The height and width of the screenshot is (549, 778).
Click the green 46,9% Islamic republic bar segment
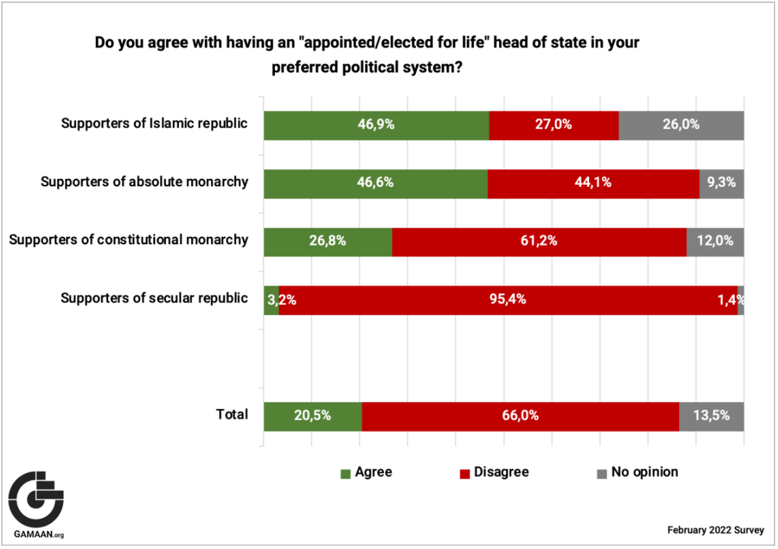[x=376, y=125]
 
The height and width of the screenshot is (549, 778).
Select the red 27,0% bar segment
[x=553, y=125]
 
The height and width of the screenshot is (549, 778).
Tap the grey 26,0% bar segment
[x=681, y=125]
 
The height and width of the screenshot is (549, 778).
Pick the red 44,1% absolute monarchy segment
[x=593, y=183]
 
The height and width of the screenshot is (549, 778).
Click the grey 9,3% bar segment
[x=721, y=183]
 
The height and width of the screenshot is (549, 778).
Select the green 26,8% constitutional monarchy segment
[x=328, y=241]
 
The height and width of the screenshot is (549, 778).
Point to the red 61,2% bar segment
[x=539, y=241]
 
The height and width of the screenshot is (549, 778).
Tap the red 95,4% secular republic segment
[x=508, y=300]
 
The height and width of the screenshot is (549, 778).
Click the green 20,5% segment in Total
[x=312, y=416]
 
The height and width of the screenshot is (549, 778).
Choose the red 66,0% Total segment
[x=520, y=416]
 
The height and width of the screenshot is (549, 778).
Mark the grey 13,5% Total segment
[x=711, y=416]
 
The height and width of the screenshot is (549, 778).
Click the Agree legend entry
[x=367, y=472]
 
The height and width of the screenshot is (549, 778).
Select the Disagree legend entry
[x=494, y=472]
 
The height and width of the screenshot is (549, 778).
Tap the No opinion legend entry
[x=637, y=472]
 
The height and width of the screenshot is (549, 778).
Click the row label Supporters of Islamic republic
[x=154, y=123]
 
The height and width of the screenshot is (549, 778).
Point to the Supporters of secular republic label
[x=154, y=298]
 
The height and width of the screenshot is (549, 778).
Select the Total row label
[x=232, y=414]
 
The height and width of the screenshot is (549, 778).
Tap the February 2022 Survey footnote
[x=715, y=530]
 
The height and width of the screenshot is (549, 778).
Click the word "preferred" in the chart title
[x=304, y=67]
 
